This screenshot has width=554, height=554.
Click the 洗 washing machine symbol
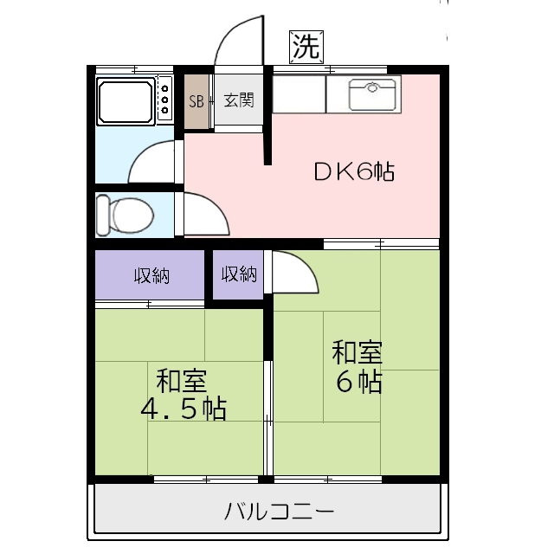[x=305, y=48]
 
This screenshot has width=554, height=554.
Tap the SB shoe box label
[x=196, y=100]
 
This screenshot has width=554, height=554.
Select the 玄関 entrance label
[x=238, y=100]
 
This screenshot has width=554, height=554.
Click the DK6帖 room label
[x=353, y=172]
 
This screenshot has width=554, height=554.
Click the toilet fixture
[x=124, y=213]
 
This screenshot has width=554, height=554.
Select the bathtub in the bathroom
[x=126, y=102]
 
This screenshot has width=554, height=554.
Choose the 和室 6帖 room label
[x=357, y=368]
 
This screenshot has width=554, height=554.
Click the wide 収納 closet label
[x=151, y=276]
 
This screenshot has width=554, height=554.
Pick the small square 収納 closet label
[x=239, y=275]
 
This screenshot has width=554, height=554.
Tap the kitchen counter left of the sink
[x=300, y=94]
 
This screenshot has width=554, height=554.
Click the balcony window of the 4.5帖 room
[x=206, y=478]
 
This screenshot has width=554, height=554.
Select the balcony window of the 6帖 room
[x=355, y=478]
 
